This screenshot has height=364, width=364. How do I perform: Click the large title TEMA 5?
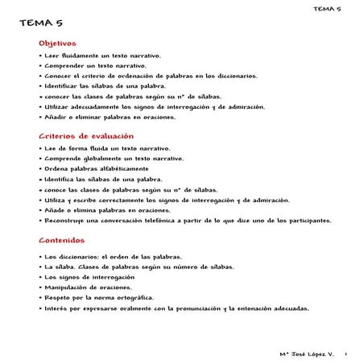[x=40, y=25]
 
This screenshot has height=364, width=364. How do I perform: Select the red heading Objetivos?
[x=57, y=43]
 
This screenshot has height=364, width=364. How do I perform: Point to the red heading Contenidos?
[x=60, y=240]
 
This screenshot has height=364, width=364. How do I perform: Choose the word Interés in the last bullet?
[x=55, y=308]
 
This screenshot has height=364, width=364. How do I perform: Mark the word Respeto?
[x=56, y=297]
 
